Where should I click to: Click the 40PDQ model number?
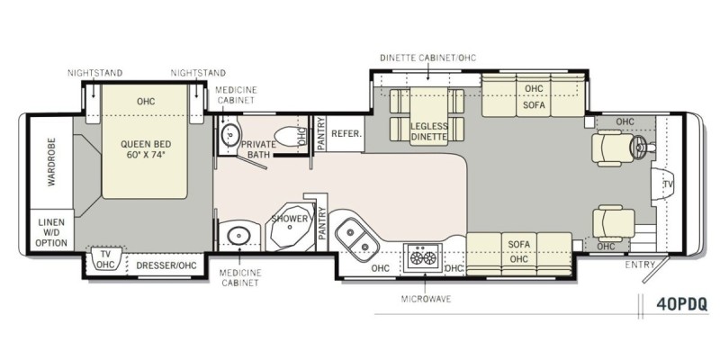(681, 304)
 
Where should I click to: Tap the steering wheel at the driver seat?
(639, 147)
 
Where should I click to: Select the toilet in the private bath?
(288, 137)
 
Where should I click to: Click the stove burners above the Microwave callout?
(423, 258)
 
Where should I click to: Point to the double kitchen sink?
(358, 239)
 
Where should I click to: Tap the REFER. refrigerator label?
(346, 134)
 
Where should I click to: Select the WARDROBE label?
(51, 162)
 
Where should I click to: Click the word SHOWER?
(289, 219)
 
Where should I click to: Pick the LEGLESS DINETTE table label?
(429, 131)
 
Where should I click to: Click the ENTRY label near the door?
(640, 265)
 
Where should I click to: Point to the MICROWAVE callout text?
(426, 300)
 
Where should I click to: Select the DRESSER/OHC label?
(166, 265)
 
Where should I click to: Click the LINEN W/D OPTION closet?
(51, 232)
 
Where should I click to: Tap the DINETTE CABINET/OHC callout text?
(428, 58)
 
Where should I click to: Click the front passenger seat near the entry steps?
(614, 223)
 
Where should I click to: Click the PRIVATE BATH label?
(258, 149)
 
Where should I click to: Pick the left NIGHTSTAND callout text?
(95, 73)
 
